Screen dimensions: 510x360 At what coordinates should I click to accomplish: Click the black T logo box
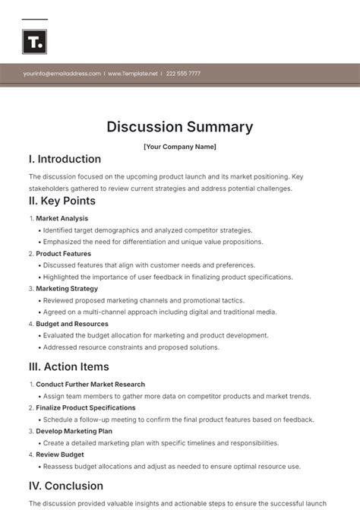coord(34,42)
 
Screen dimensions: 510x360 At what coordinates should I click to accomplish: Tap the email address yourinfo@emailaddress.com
coord(62,74)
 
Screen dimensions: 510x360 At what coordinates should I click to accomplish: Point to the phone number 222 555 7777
coord(183,74)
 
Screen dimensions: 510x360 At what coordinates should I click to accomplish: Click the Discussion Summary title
coord(180,127)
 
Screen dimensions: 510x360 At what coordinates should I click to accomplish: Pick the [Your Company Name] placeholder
coord(180,147)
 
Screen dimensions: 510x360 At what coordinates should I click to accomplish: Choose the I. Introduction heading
coord(65,160)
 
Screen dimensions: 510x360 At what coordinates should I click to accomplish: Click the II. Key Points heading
coord(62,201)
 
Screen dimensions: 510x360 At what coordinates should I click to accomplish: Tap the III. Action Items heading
coord(68,367)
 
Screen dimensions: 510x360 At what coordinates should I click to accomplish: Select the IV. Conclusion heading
coord(66,486)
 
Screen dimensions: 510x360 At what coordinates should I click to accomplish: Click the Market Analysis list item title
coord(62,218)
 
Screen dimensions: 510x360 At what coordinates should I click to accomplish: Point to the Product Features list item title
coord(64,254)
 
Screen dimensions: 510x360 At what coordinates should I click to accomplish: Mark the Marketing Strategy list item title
coord(67,289)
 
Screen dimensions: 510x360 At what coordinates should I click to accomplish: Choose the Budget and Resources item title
coord(73,324)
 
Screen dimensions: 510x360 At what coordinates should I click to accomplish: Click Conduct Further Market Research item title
coord(90,385)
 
